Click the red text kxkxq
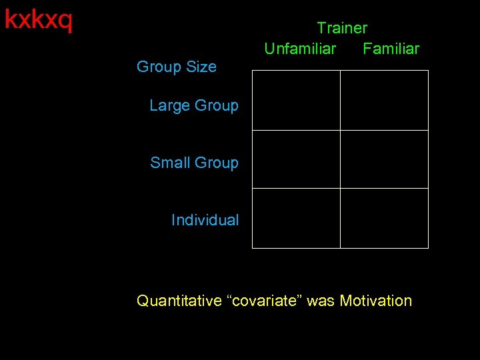pyautogui.click(x=38, y=20)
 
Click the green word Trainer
pyautogui.click(x=341, y=28)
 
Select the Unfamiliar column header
pyautogui.click(x=300, y=49)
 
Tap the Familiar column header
pyautogui.click(x=391, y=49)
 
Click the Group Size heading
pyautogui.click(x=176, y=67)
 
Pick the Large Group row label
pyautogui.click(x=193, y=105)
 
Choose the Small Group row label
pyautogui.click(x=194, y=163)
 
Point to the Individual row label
pyautogui.click(x=205, y=220)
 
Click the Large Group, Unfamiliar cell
pyautogui.click(x=296, y=100)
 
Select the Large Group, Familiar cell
pyautogui.click(x=384, y=100)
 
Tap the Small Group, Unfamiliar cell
pyautogui.click(x=296, y=159)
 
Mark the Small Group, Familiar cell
pyautogui.click(x=384, y=159)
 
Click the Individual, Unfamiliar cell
pyautogui.click(x=296, y=218)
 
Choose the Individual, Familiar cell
pyautogui.click(x=384, y=218)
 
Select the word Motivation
pyautogui.click(x=376, y=301)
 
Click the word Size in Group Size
pyautogui.click(x=202, y=67)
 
